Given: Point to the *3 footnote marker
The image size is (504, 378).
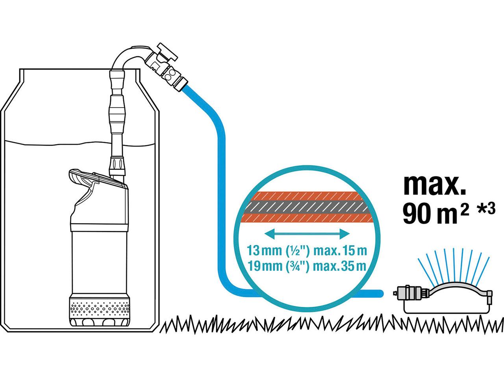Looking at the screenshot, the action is tap(487, 209).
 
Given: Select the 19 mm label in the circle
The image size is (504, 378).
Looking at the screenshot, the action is tap(265, 266).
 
